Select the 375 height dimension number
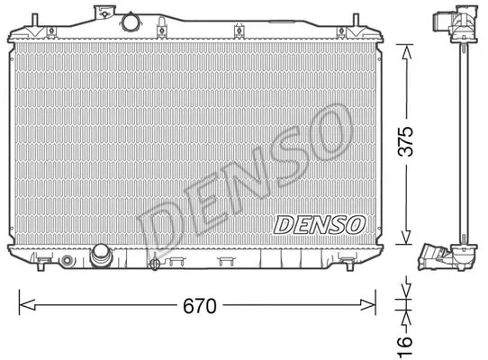406,141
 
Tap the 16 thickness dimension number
405,345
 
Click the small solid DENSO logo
320,225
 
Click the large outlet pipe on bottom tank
101,255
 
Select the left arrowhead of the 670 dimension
27,305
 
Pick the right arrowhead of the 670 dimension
367,305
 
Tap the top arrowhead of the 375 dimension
406,52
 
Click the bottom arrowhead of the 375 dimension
406,237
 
